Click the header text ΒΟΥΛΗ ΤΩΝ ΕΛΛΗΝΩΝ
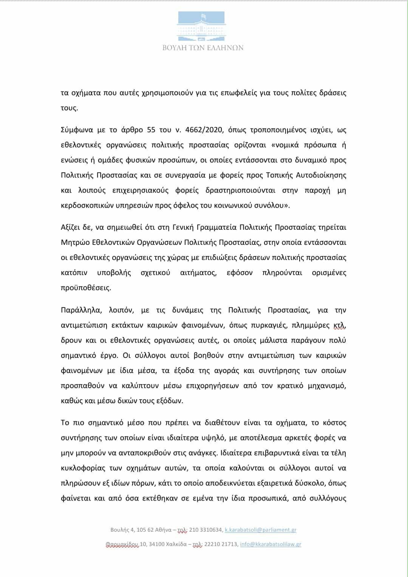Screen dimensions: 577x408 pyautogui.click(x=203, y=48)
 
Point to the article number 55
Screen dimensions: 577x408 pyautogui.click(x=151, y=130)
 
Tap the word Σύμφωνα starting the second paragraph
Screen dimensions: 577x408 pyautogui.click(x=77, y=130)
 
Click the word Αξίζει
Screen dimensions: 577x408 pyautogui.click(x=71, y=227)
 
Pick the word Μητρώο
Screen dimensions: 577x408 pyautogui.click(x=75, y=243)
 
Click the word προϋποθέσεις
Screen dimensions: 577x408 pyautogui.click(x=86, y=288)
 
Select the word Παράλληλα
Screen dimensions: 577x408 pyautogui.click(x=80, y=310)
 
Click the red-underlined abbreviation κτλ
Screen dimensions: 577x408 pyautogui.click(x=339, y=325)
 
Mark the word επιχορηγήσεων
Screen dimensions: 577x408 pyautogui.click(x=212, y=386)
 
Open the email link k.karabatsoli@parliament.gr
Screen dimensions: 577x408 pyautogui.click(x=261, y=530)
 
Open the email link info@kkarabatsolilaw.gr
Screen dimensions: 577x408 pyautogui.click(x=270, y=544)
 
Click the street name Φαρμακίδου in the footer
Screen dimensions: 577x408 pyautogui.click(x=122, y=544)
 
